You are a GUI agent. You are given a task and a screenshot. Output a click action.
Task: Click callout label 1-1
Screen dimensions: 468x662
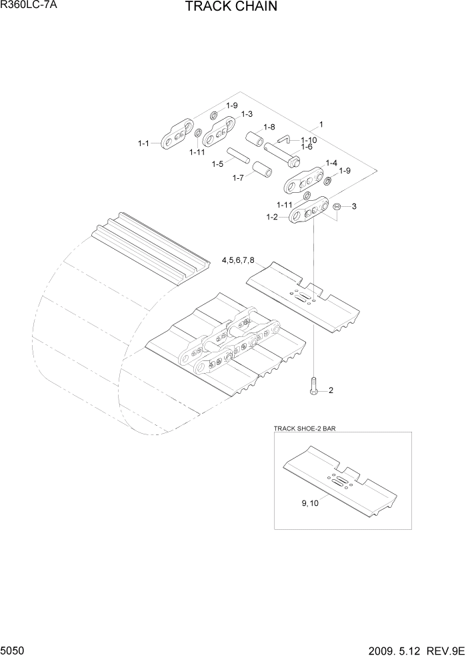coord(145,143)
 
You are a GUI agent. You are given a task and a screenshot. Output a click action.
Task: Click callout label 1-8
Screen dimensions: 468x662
coord(269,127)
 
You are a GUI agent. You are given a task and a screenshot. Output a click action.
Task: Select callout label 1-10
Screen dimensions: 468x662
coord(308,139)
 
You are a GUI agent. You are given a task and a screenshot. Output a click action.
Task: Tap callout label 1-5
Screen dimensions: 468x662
coord(217,164)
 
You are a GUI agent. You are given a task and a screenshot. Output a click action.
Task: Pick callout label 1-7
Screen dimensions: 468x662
coord(238,178)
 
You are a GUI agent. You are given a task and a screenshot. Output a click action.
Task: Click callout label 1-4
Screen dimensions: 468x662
coord(331,163)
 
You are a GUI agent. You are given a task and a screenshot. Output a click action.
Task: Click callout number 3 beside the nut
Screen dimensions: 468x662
coord(354,206)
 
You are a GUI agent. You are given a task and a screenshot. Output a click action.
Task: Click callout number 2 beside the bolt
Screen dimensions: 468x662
coord(331,390)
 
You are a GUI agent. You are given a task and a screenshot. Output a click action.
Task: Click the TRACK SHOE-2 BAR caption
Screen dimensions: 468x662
coord(305,428)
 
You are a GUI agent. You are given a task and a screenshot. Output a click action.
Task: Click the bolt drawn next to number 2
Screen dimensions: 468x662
coord(313,386)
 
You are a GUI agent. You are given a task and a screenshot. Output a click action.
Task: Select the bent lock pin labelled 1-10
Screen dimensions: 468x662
coord(283,139)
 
